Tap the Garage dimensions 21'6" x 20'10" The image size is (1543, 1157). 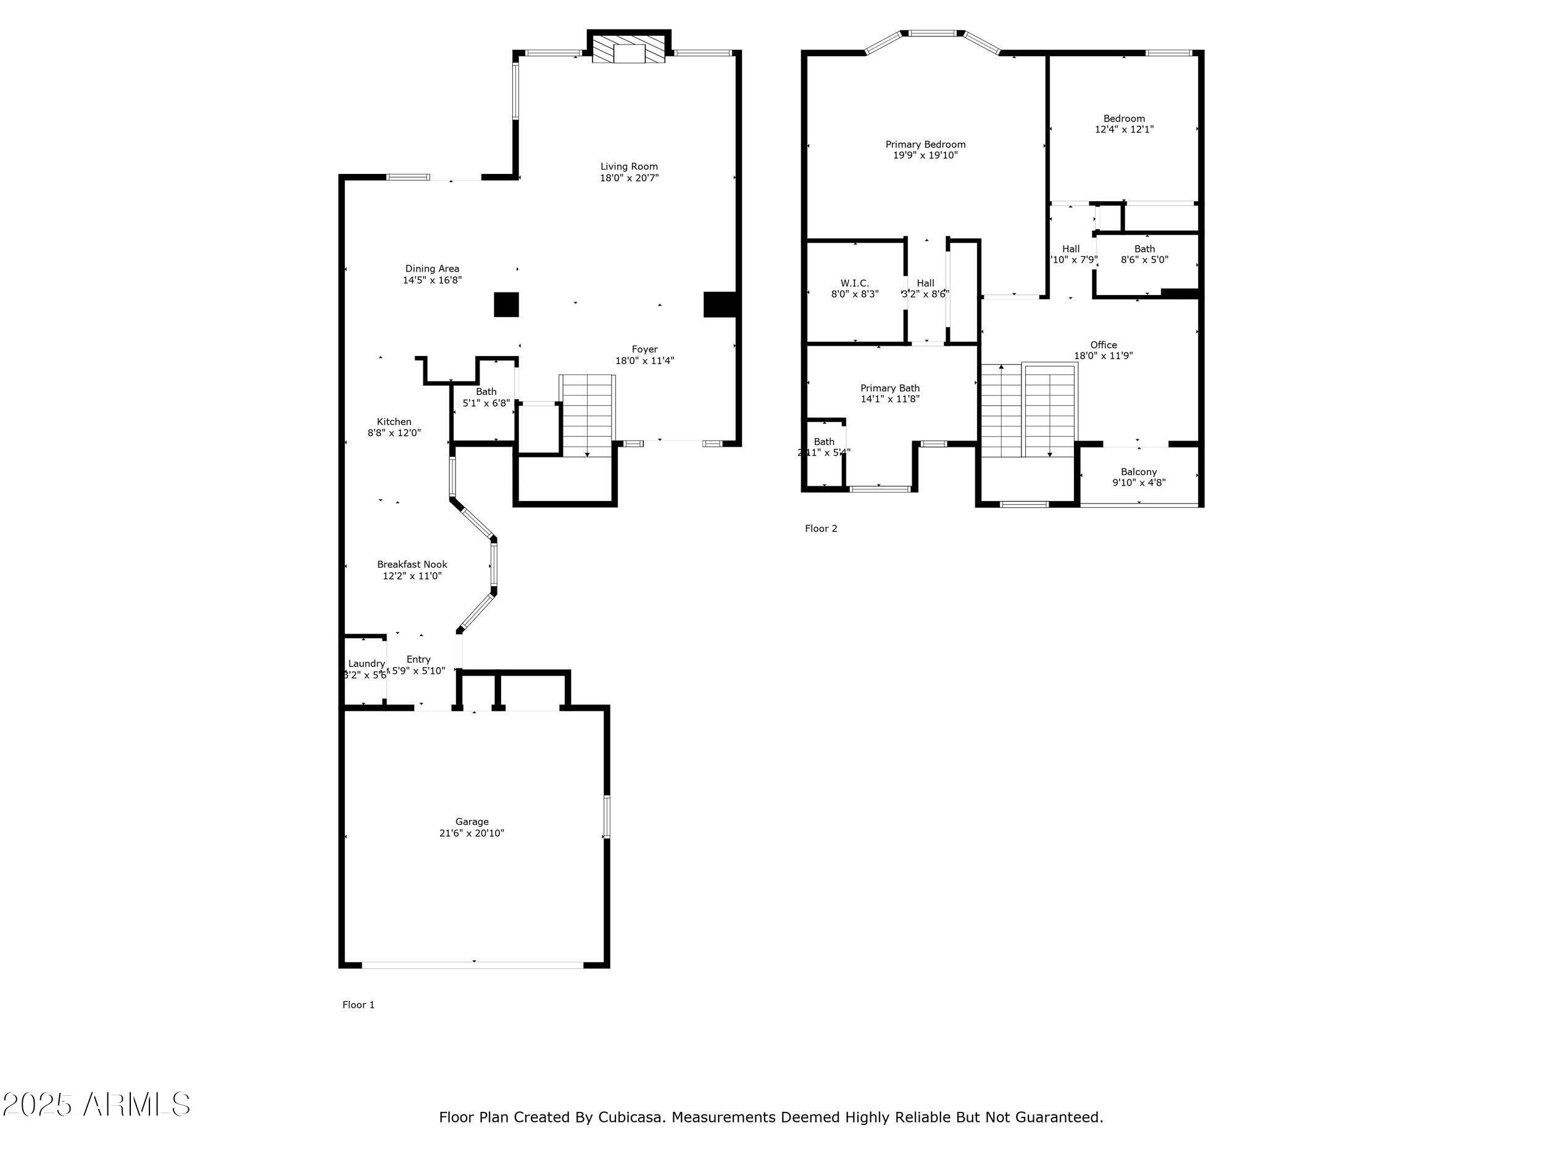click(x=472, y=832)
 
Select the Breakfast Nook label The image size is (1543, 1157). click(x=412, y=564)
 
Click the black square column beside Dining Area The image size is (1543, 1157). click(x=507, y=305)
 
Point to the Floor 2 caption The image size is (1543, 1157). click(x=820, y=528)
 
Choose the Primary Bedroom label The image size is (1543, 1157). click(x=925, y=144)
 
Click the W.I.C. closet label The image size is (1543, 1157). click(x=854, y=283)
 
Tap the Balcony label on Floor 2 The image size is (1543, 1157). click(x=1138, y=471)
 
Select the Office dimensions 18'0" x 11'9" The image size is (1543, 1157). click(x=1103, y=355)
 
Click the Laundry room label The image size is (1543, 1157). click(x=366, y=663)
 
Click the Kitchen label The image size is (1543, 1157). click(x=394, y=421)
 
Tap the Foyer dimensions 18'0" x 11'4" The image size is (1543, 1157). click(x=644, y=360)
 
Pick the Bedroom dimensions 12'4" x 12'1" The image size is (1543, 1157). click(x=1124, y=129)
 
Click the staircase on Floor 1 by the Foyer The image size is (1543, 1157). click(x=588, y=415)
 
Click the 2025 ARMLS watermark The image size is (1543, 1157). click(x=96, y=1105)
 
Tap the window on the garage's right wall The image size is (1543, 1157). click(x=606, y=816)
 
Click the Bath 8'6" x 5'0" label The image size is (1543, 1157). click(x=1144, y=249)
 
